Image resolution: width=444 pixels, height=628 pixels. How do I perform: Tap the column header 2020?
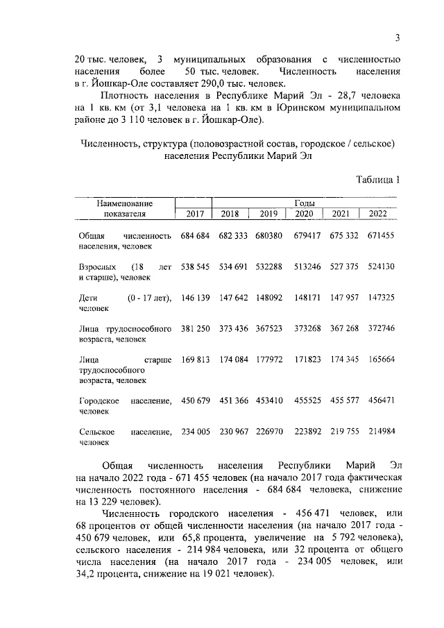304,214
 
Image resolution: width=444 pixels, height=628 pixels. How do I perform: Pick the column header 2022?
379,214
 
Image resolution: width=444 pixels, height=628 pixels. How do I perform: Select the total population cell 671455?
380,236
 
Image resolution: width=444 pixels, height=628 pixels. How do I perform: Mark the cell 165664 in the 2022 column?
380,359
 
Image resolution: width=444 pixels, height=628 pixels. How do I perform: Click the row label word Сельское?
96,431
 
